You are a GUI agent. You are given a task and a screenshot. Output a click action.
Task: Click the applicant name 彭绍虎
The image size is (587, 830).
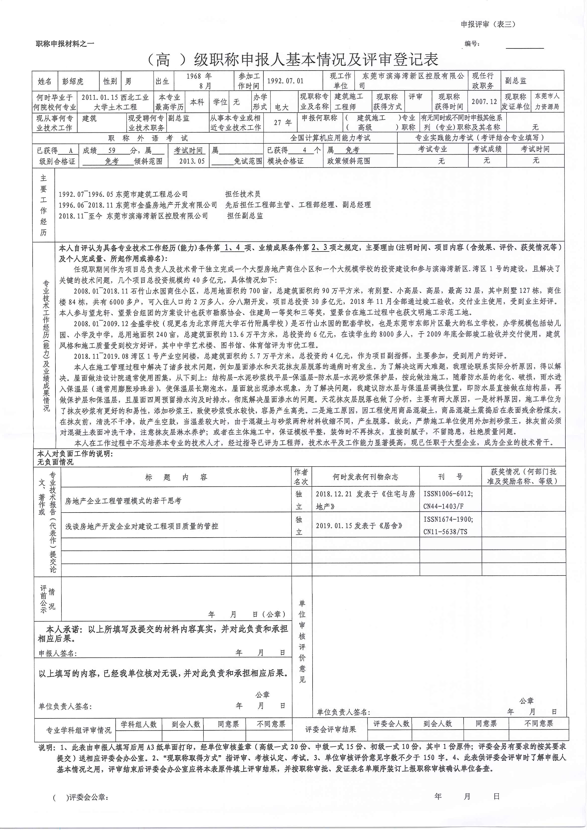click(x=73, y=81)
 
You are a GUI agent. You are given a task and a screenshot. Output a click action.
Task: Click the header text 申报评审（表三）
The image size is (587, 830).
click(x=488, y=24)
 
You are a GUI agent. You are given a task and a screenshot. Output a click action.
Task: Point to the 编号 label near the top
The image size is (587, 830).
click(x=472, y=44)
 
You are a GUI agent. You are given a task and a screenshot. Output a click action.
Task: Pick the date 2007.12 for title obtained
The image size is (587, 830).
click(x=484, y=102)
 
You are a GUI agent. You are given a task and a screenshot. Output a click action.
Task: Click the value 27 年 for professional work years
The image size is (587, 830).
click(x=283, y=122)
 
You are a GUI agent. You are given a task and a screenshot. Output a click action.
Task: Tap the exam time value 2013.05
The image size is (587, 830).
click(x=192, y=161)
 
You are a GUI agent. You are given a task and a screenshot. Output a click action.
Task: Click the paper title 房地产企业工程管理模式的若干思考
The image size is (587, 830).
click(x=123, y=501)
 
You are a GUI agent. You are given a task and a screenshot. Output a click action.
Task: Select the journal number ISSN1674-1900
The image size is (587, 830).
click(x=448, y=519)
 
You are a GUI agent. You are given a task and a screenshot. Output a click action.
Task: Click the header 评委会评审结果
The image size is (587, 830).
click(x=330, y=729)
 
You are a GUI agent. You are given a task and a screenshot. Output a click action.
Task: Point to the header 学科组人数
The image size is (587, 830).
click(x=138, y=724)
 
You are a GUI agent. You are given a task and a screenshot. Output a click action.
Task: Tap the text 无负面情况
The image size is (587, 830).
click(x=55, y=462)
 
